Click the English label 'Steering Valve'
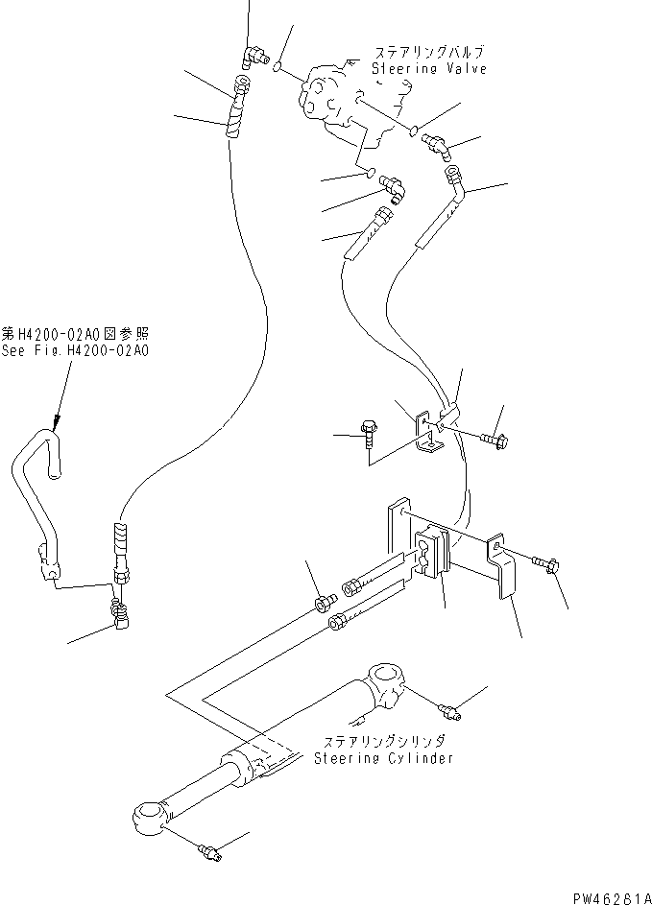429,68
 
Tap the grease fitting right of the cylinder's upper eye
447,709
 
